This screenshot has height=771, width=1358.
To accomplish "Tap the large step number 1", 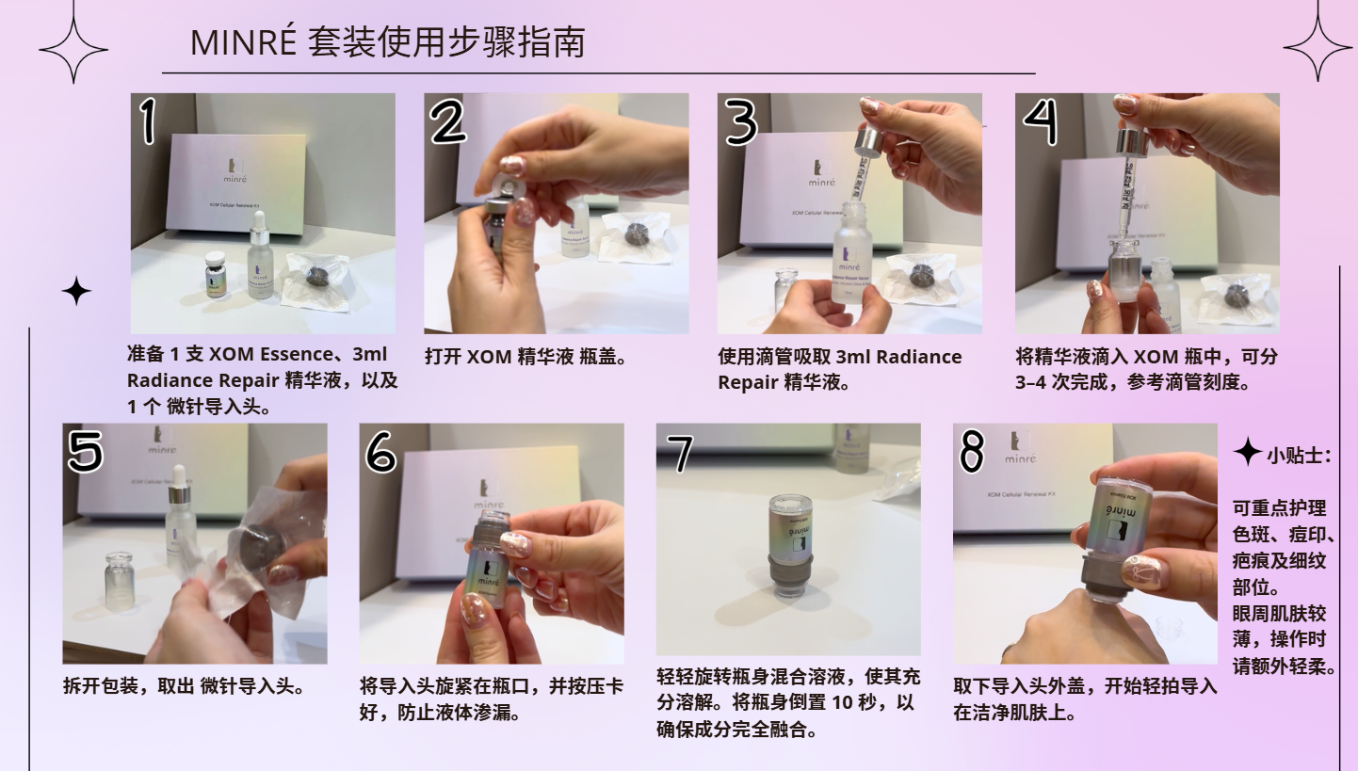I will point(148,120).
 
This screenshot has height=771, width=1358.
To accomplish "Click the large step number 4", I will point(1041,120).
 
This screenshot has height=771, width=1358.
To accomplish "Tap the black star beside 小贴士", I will point(1248,452).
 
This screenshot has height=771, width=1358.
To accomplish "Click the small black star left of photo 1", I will point(76,291).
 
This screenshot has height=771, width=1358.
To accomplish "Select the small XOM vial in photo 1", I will point(218,275).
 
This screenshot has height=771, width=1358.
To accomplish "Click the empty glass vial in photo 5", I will point(121,582).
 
